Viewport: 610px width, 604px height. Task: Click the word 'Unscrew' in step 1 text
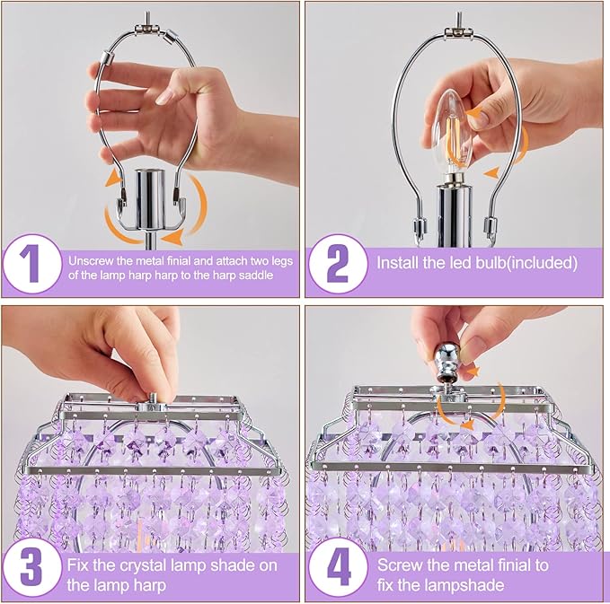(x=89, y=259)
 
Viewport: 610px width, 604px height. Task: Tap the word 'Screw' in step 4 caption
(x=398, y=565)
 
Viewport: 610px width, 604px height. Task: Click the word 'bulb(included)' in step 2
(x=529, y=264)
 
